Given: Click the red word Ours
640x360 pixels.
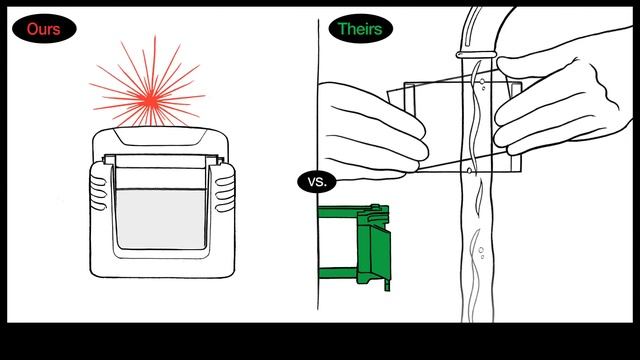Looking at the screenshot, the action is [44, 29].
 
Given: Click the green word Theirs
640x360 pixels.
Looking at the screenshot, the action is [360, 29].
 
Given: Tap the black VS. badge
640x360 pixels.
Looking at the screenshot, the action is [317, 182].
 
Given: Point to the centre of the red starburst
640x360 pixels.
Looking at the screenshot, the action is [150, 99].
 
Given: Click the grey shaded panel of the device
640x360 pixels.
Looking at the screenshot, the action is [161, 219].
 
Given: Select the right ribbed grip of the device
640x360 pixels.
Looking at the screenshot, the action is [224, 188].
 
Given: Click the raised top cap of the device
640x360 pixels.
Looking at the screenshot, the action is [160, 136].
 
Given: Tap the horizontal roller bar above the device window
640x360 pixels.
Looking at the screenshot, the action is [162, 160].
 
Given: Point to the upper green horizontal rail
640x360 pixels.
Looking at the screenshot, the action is [338, 212].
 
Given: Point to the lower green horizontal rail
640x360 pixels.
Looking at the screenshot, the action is [338, 272].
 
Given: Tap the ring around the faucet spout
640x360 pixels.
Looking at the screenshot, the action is [476, 54].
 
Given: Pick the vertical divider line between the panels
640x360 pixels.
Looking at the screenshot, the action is [318, 163].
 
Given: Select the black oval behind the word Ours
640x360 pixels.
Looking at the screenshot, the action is [44, 29].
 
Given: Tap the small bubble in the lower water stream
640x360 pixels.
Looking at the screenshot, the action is [481, 250].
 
